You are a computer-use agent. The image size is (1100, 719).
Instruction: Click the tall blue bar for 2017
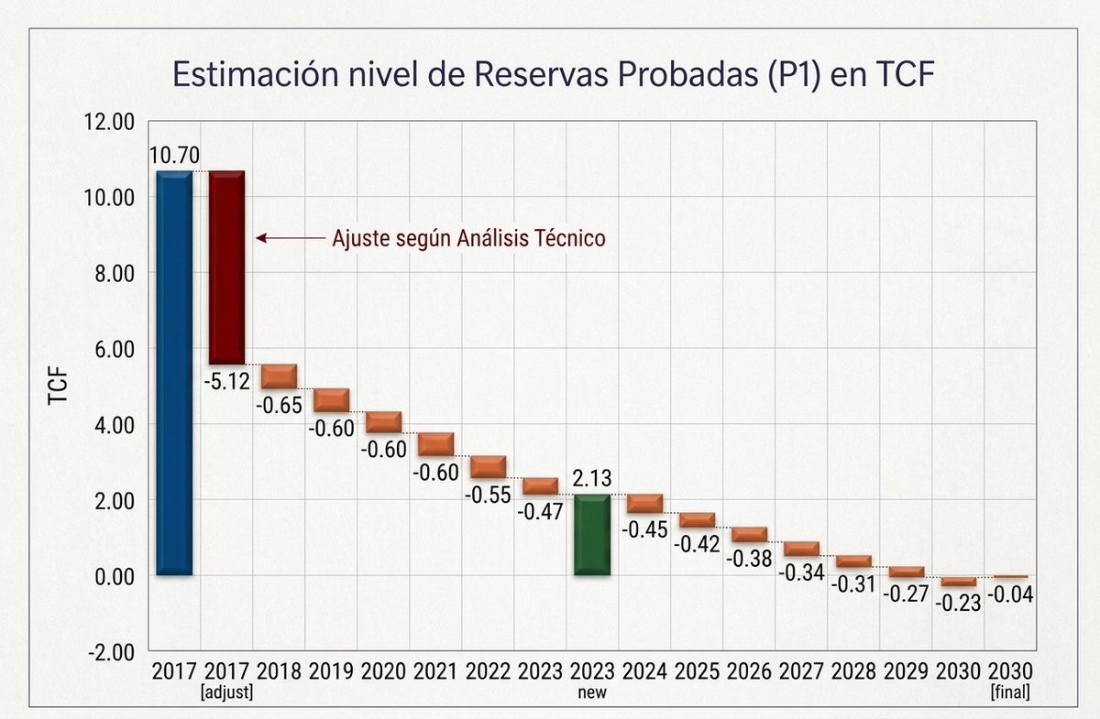click(173, 373)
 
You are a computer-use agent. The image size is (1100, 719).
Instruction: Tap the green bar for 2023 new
click(591, 535)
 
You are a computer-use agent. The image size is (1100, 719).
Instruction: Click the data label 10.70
click(175, 155)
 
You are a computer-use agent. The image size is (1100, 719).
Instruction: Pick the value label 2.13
click(591, 479)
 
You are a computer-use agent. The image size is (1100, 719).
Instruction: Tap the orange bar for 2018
click(279, 376)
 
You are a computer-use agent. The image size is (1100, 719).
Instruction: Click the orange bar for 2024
click(644, 503)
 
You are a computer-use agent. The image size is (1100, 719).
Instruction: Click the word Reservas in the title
click(528, 74)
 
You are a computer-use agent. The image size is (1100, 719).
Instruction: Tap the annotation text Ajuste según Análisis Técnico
click(467, 238)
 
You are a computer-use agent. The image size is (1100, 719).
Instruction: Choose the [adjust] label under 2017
click(226, 692)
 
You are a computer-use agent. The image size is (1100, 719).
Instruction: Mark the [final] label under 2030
click(1009, 692)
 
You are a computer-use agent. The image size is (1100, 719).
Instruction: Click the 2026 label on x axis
click(749, 670)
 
